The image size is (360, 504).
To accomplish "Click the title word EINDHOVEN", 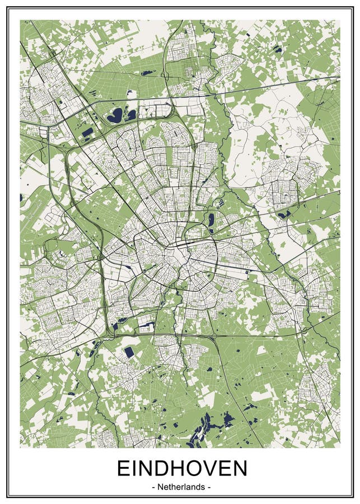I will [181, 468].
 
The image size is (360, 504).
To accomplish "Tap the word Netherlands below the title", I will [181, 487].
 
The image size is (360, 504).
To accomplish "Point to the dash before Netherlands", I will [153, 487].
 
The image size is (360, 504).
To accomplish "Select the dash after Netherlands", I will [209, 487].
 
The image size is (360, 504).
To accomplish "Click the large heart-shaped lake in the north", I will [115, 115].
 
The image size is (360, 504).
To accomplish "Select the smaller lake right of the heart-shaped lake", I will [131, 115].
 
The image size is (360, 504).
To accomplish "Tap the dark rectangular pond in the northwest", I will [87, 133].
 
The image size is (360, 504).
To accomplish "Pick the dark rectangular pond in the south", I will [129, 352].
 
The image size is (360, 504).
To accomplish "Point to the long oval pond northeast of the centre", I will [211, 219].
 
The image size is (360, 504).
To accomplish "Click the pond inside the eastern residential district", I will [283, 214].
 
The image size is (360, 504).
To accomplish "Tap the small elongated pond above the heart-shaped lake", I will [147, 73].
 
